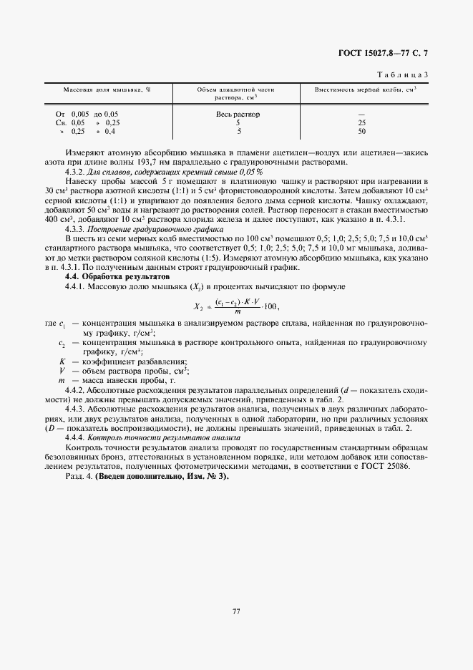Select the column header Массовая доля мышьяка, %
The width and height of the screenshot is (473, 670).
[107, 89]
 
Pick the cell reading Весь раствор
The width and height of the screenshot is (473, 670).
[238, 114]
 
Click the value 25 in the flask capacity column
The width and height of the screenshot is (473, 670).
[361, 123]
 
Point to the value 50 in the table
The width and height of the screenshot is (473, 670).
[361, 132]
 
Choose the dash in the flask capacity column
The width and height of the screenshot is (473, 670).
[361, 115]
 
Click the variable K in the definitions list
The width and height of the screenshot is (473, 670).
[62, 361]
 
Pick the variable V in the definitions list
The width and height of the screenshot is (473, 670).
[62, 371]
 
